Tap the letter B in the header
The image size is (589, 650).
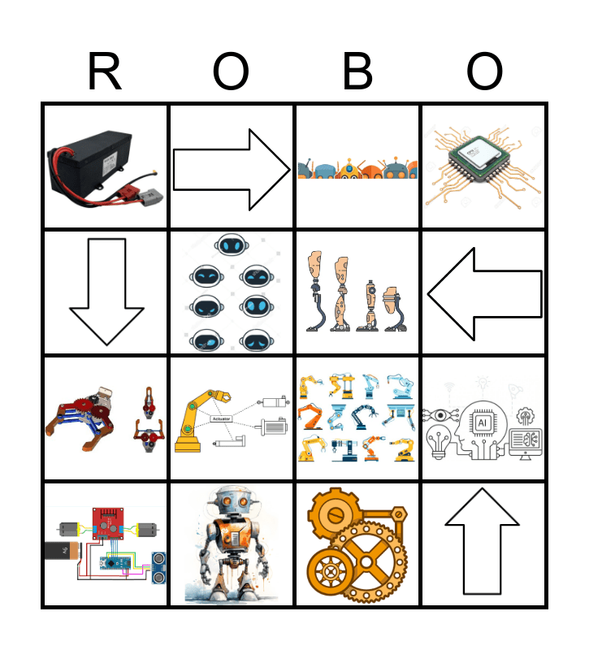click(x=357, y=73)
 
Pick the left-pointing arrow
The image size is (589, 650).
click(x=483, y=292)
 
